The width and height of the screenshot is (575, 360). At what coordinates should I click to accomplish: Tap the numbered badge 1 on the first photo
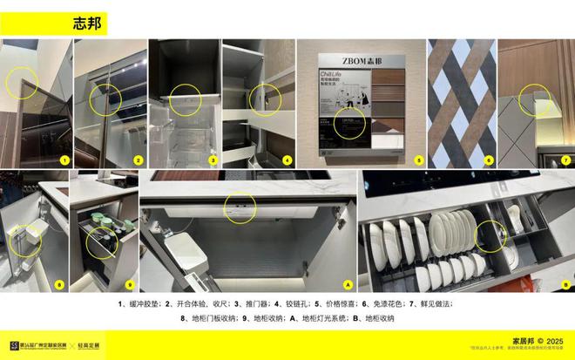click(x=64, y=160)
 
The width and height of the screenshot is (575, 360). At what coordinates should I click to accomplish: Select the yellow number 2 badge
click(x=138, y=160)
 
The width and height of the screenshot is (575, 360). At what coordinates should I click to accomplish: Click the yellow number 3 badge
click(x=212, y=160)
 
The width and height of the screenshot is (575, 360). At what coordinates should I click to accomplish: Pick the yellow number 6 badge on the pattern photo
click(x=490, y=160)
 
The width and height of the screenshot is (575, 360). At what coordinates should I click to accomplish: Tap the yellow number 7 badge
click(x=565, y=160)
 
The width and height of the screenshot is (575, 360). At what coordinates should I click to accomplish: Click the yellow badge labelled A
click(x=348, y=284)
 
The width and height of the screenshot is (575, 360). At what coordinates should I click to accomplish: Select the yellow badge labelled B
click(x=565, y=284)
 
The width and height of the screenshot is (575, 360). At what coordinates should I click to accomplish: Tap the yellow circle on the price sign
click(x=350, y=122)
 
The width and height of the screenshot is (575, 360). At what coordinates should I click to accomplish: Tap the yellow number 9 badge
click(x=129, y=284)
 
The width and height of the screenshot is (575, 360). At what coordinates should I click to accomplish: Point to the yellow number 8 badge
click(x=59, y=284)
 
